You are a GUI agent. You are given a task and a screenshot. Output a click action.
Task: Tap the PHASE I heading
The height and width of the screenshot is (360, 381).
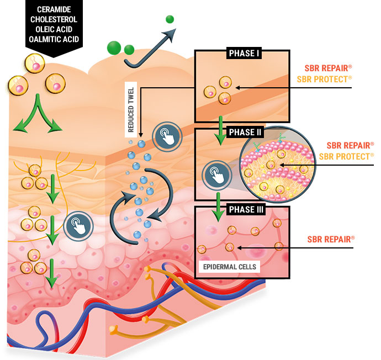(243, 54)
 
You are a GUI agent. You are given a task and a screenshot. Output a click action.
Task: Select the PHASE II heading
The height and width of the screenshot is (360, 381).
(244, 133)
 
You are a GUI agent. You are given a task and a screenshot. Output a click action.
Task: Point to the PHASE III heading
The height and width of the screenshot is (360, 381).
(244, 210)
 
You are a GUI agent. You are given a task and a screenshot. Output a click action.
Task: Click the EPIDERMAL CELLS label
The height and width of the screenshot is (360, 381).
(228, 267)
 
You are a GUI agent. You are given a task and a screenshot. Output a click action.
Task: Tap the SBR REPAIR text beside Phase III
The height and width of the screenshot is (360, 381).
(330, 239)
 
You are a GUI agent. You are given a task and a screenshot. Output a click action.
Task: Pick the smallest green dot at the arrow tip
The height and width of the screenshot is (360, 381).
(170, 19)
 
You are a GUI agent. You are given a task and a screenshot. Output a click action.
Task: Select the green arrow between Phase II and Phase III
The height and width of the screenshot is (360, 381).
(220, 201)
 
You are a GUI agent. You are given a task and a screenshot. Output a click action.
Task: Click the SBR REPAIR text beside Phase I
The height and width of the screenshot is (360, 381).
(329, 68)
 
